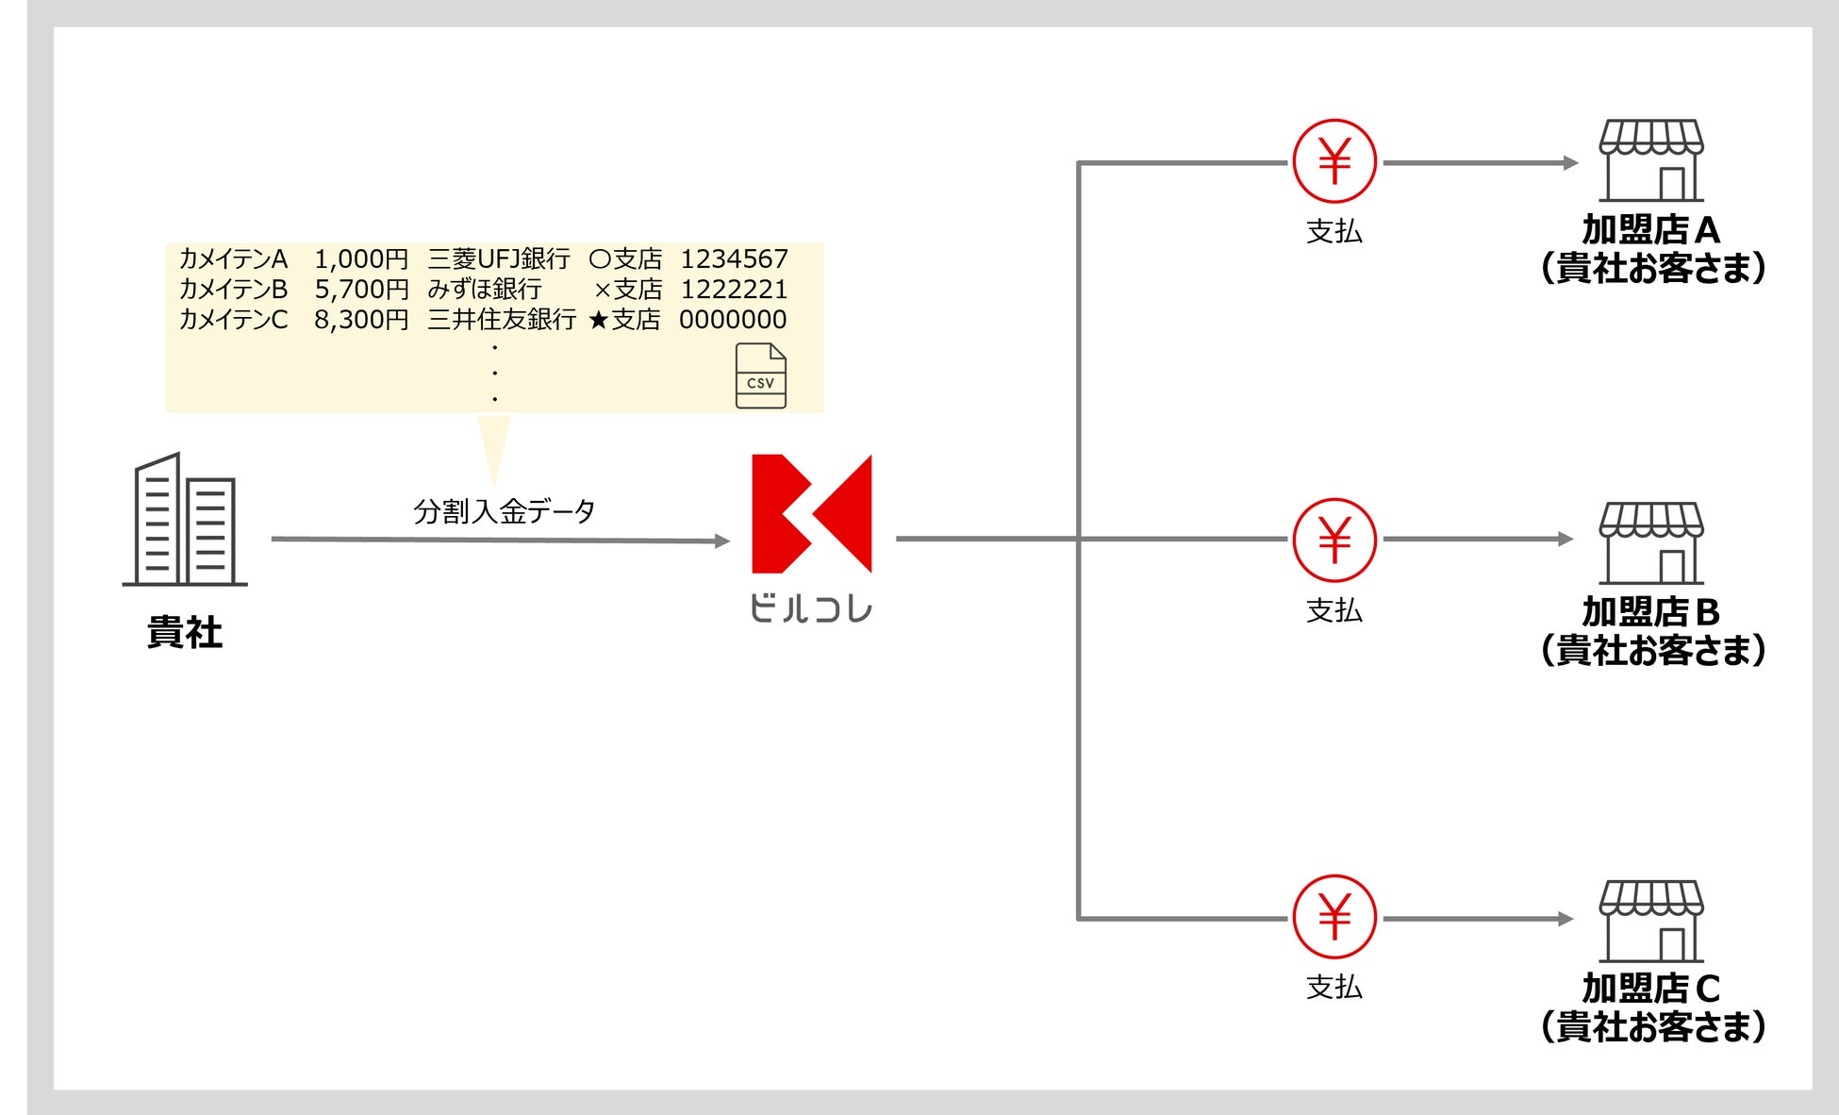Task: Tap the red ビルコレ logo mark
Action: (x=811, y=514)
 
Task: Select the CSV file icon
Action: (x=760, y=376)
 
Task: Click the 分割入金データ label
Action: (x=504, y=511)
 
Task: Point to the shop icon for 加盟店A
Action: (x=1651, y=160)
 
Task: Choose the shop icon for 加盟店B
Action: (x=1651, y=542)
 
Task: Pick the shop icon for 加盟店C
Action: (x=1651, y=922)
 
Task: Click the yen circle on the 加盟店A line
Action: (x=1334, y=161)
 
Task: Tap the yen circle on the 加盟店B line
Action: (x=1334, y=540)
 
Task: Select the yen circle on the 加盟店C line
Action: (x=1334, y=917)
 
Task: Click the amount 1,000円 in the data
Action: (x=361, y=259)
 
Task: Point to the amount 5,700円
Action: (x=361, y=290)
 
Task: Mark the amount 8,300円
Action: (x=361, y=320)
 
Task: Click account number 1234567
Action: (x=734, y=259)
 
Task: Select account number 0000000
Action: (x=733, y=320)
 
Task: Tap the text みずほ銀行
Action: (x=485, y=290)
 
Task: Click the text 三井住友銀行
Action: (x=502, y=320)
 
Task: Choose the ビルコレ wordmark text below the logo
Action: (x=811, y=608)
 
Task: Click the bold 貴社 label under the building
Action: (x=185, y=632)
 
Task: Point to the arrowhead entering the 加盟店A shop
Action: (x=1570, y=162)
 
